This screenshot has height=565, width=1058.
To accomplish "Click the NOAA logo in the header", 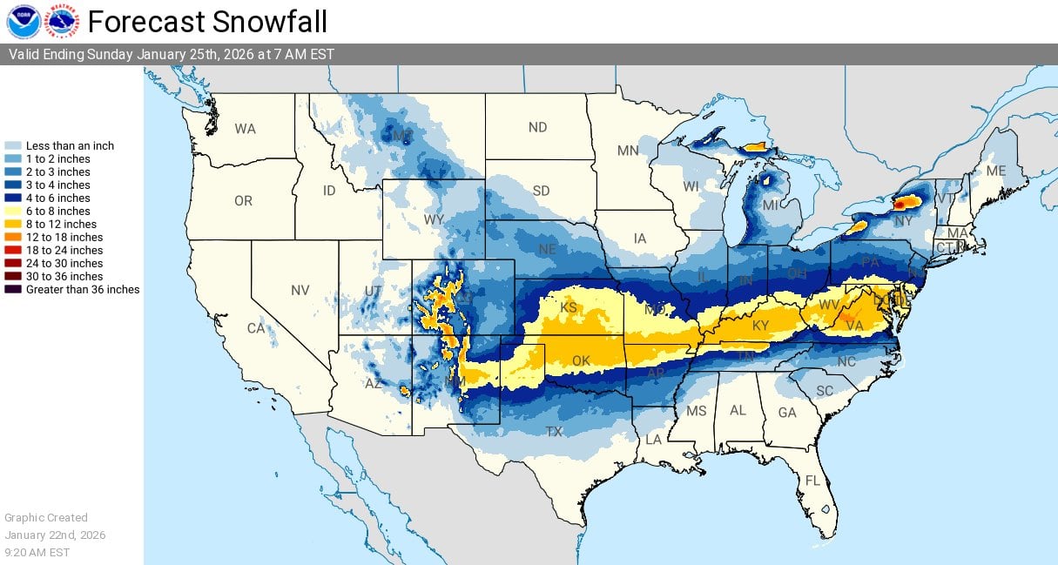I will click(x=23, y=21).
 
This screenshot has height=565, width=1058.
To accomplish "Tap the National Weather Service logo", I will click(x=62, y=21).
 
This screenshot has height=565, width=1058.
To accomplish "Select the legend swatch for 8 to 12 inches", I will click(x=13, y=224).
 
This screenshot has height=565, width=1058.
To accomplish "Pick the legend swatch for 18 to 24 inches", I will click(x=13, y=250).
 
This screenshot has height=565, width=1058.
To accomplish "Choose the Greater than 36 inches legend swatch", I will click(x=13, y=289).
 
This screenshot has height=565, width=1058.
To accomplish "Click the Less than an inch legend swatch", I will click(x=13, y=145).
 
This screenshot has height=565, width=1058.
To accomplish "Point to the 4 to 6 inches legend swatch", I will click(x=13, y=198).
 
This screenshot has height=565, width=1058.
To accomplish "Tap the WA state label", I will click(x=245, y=129).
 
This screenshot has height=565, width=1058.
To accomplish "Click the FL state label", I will click(x=812, y=481).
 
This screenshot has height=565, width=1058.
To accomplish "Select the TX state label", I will click(x=554, y=431).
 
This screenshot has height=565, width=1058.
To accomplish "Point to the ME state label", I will click(x=995, y=172).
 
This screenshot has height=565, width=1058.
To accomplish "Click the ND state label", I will click(x=537, y=128).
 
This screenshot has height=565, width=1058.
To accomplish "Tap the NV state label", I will click(x=300, y=290).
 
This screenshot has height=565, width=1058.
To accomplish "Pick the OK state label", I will click(x=581, y=360).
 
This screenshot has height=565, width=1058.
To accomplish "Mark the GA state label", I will click(x=787, y=413).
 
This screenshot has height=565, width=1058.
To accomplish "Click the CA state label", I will click(x=255, y=328).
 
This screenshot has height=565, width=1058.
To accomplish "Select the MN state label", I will click(x=628, y=151).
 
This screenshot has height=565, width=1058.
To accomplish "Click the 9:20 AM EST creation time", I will click(x=37, y=552).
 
